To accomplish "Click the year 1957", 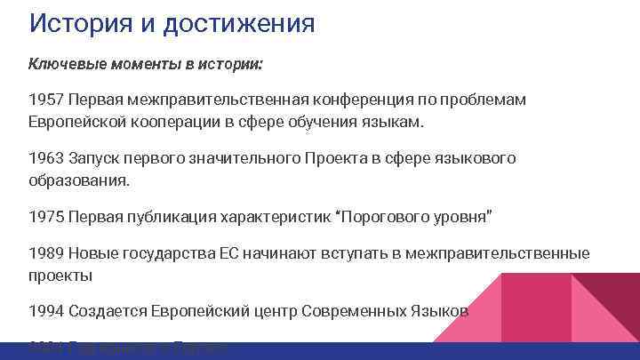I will [x=45, y=100].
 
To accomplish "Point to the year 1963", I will [x=45, y=158].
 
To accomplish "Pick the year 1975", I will [x=45, y=217].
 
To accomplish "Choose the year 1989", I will [x=45, y=253].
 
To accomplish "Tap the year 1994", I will [x=45, y=312].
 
